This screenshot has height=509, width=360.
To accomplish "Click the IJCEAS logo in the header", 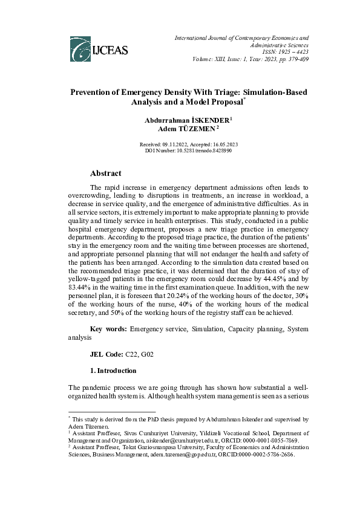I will [x=99, y=49].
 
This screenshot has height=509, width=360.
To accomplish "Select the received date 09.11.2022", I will [x=172, y=144].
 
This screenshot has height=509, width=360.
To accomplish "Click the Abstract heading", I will [x=105, y=173].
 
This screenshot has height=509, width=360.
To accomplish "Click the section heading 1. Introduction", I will [x=113, y=371].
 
